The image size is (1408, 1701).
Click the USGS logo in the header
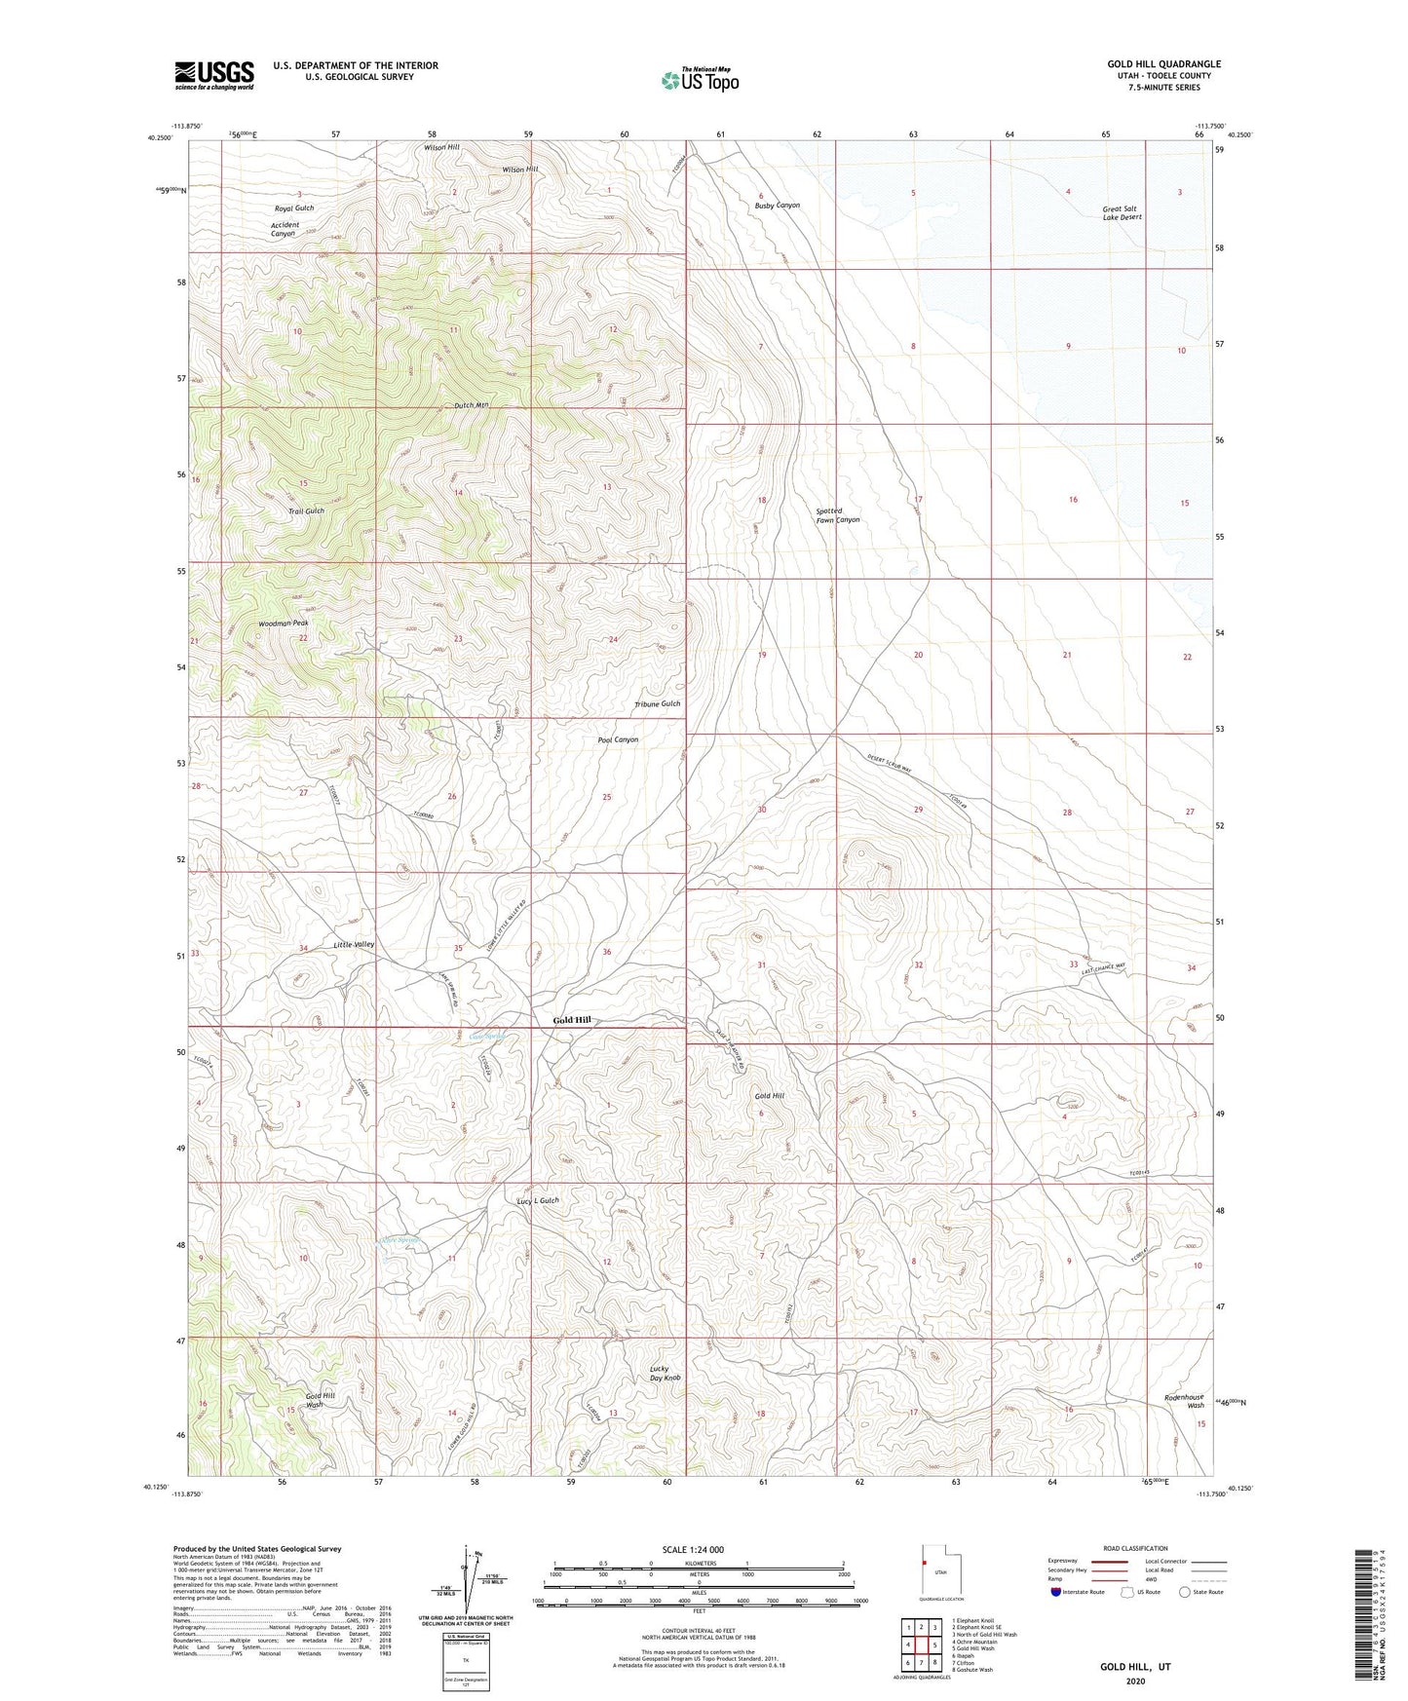(214, 75)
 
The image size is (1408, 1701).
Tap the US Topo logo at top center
(700, 80)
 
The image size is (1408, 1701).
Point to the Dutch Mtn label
(472, 405)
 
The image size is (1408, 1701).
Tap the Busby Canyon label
(777, 206)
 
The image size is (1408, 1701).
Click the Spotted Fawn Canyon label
(837, 515)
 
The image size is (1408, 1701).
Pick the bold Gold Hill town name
(572, 1020)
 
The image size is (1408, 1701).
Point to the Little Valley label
(353, 945)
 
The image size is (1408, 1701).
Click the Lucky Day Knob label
(665, 1374)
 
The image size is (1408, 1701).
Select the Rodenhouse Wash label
(1184, 1401)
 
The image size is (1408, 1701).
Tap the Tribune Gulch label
(657, 703)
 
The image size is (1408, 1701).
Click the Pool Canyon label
(618, 739)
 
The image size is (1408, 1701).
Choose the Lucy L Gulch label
(538, 1201)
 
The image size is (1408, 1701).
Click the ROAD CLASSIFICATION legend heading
(1136, 1548)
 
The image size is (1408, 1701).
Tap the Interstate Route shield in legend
(1057, 1592)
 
